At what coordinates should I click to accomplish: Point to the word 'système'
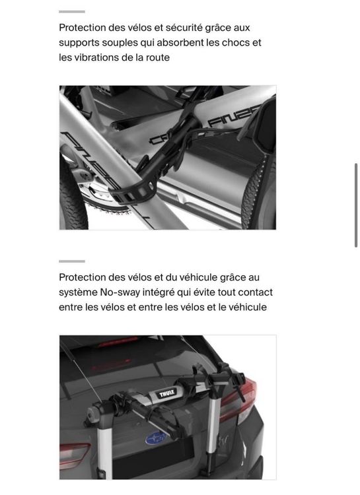coord(78,293)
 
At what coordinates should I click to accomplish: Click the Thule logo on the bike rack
coord(166,393)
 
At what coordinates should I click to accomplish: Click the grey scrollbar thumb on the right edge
coord(356,205)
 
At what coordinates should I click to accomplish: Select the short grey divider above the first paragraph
coord(72,12)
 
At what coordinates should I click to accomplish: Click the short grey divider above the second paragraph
coord(72,261)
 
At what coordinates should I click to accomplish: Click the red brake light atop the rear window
coord(118,341)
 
